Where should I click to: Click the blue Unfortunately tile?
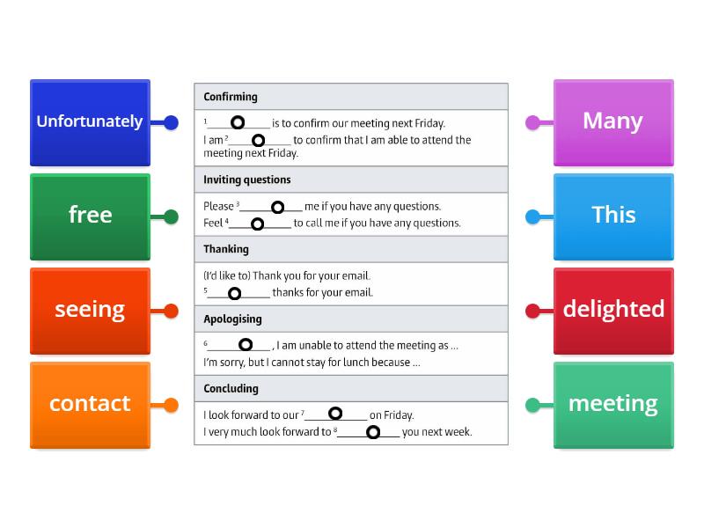pyautogui.click(x=91, y=122)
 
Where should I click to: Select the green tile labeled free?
pyautogui.click(x=91, y=216)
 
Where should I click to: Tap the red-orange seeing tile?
pyautogui.click(x=91, y=312)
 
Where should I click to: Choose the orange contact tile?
pyautogui.click(x=91, y=405)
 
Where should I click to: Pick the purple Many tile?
pyautogui.click(x=613, y=122)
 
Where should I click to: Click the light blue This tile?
pyautogui.click(x=613, y=216)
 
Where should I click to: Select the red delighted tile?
pyautogui.click(x=613, y=312)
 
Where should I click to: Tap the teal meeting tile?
pyautogui.click(x=613, y=405)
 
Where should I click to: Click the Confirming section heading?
pyautogui.click(x=231, y=97)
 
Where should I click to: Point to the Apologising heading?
pyautogui.click(x=232, y=319)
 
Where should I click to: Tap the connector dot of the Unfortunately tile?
pyautogui.click(x=171, y=122)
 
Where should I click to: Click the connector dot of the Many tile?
pyautogui.click(x=532, y=122)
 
